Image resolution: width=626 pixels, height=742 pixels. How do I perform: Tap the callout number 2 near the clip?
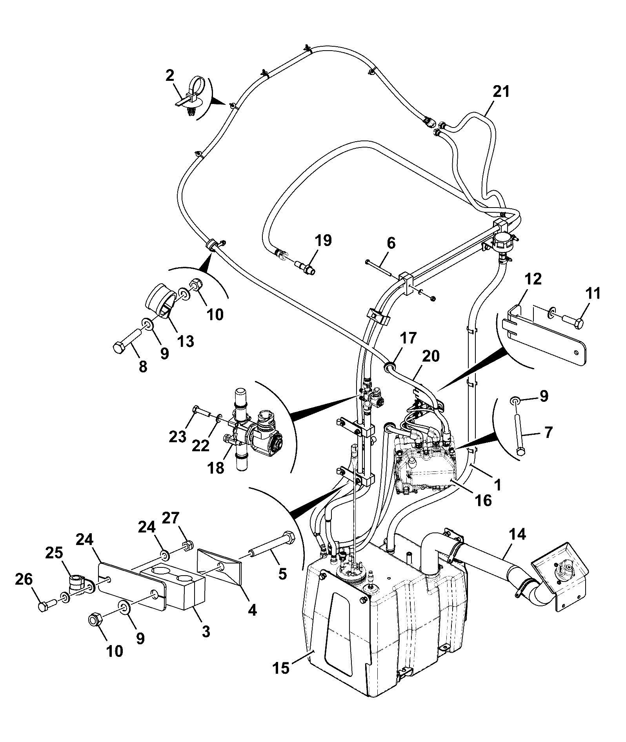(169, 75)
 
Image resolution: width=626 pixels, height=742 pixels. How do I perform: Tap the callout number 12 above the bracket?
(533, 279)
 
